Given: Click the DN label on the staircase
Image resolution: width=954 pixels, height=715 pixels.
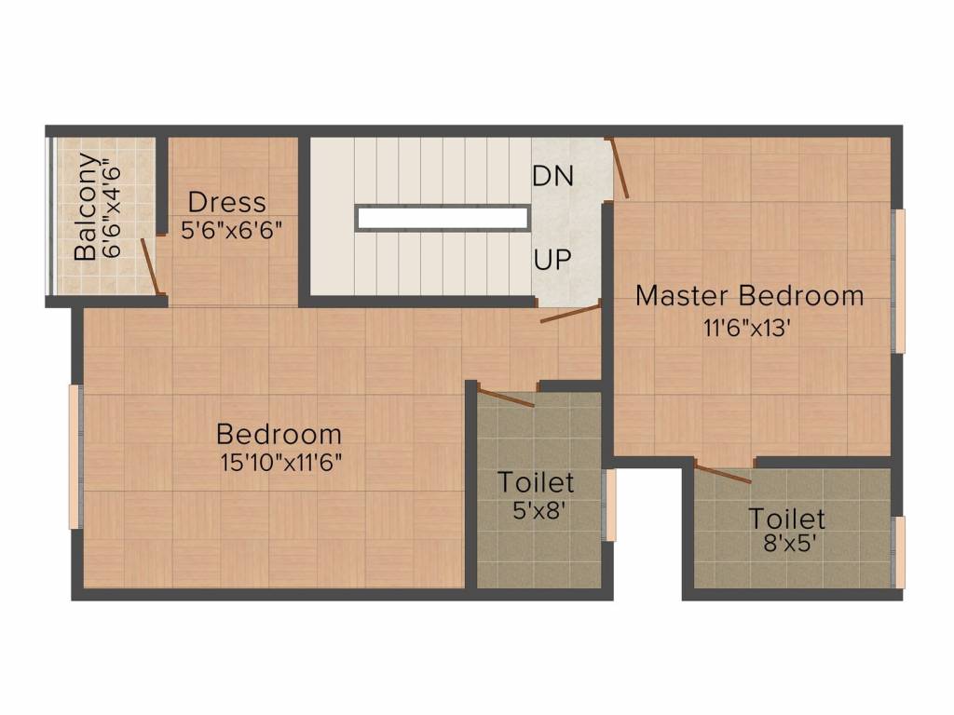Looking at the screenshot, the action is [x=552, y=176].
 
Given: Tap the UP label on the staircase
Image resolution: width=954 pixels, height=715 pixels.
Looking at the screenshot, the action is [x=552, y=260].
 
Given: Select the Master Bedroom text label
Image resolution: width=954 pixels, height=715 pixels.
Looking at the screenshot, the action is [x=750, y=296].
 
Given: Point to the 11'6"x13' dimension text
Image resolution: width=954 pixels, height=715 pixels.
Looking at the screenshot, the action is [x=747, y=329].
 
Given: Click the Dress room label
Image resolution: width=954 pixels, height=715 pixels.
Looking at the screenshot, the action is [x=227, y=202].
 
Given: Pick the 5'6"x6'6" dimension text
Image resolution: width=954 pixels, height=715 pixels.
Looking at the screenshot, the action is [x=231, y=230].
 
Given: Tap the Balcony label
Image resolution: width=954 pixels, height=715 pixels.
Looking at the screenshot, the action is [x=86, y=207].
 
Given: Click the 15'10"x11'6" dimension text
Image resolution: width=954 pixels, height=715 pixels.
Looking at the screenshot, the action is [x=280, y=463].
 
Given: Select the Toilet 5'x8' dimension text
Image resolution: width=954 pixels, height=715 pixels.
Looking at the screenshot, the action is [x=536, y=509].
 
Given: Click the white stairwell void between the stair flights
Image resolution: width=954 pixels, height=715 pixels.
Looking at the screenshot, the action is [x=443, y=218].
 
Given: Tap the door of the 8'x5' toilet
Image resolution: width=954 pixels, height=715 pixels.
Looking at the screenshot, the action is [x=723, y=473].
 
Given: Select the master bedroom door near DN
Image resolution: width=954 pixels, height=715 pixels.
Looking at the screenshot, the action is [x=620, y=169].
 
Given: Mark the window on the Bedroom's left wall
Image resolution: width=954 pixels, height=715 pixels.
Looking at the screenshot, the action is [x=75, y=456].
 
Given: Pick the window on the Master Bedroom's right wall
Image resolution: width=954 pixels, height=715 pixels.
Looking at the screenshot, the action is [x=898, y=281].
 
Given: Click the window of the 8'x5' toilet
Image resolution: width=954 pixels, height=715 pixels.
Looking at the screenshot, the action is [x=898, y=552].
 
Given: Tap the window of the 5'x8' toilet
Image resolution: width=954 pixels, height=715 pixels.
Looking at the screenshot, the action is [x=608, y=506].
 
